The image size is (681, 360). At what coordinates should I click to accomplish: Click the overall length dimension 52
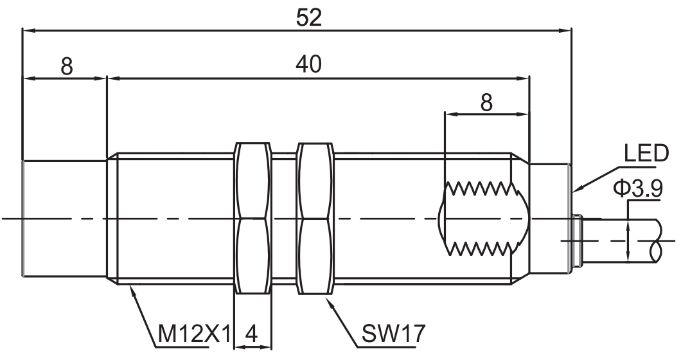[308, 17]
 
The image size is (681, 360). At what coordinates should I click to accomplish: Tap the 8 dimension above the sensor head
[67, 65]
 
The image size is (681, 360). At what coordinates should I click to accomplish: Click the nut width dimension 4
[252, 334]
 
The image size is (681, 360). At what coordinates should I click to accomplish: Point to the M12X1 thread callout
[193, 334]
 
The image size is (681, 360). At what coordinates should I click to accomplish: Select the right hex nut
[315, 219]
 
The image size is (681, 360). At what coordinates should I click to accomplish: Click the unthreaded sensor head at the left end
[64, 219]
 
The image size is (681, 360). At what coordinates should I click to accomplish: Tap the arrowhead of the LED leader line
[576, 190]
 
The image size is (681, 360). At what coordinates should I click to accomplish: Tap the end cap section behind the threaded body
[549, 219]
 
